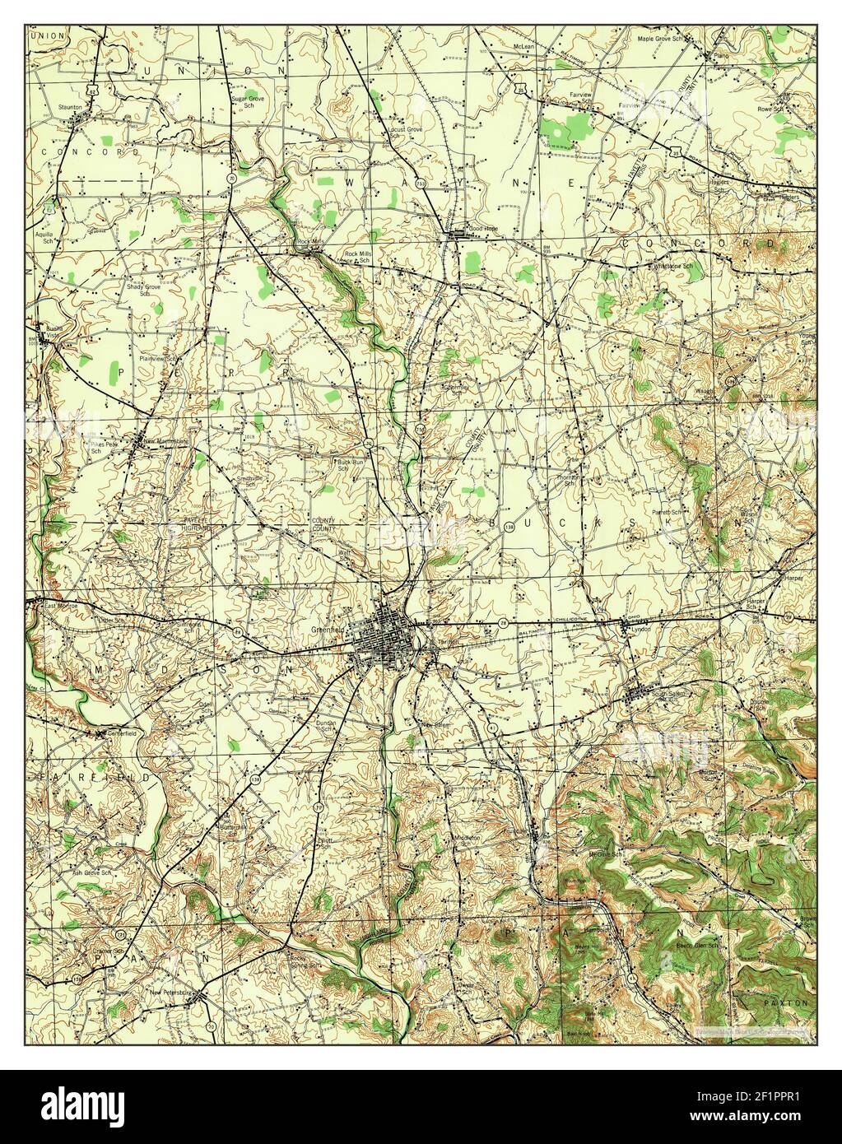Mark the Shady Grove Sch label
click(x=142, y=290)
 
